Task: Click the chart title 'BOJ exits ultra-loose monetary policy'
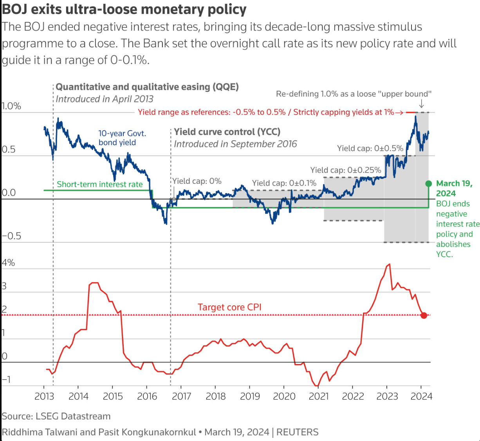point(124,9)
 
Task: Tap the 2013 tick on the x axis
point(44,396)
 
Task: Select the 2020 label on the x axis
point(284,396)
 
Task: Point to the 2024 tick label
point(421,396)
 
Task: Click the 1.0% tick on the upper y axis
point(11,106)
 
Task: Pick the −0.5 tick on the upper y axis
point(11,236)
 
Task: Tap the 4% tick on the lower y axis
point(8,263)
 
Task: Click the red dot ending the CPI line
point(424,315)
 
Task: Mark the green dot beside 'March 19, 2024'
point(429,183)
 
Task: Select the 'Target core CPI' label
point(229,307)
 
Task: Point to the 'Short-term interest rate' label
point(100,185)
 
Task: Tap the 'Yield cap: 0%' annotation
point(197,181)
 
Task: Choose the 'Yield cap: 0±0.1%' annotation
point(284,183)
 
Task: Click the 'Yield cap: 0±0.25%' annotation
point(346,170)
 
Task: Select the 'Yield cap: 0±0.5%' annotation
point(370,148)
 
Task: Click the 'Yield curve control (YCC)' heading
point(227,132)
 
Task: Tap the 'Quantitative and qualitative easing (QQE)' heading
point(147,87)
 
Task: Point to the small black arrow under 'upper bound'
point(422,104)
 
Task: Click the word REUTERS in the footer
point(297,432)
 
